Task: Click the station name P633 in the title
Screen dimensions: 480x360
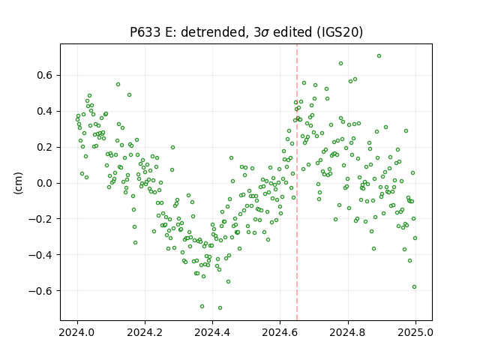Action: pyautogui.click(x=145, y=32)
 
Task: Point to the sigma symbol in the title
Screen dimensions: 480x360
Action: pyautogui.click(x=265, y=33)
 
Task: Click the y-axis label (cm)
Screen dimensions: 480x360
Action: pyautogui.click(x=18, y=183)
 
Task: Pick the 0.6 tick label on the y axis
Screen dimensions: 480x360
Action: pyautogui.click(x=46, y=75)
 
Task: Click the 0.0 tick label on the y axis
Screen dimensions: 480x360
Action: pyautogui.click(x=46, y=183)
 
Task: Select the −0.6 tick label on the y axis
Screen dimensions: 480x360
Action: pyautogui.click(x=41, y=291)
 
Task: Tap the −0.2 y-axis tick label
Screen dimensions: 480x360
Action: pyautogui.click(x=41, y=219)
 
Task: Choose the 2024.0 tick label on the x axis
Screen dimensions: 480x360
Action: pyautogui.click(x=77, y=332)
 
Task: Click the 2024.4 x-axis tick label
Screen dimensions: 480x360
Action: pyautogui.click(x=212, y=332)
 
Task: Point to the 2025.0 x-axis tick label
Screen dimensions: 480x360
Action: pyautogui.click(x=415, y=332)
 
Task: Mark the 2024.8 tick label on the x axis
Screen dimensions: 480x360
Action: pyautogui.click(x=348, y=332)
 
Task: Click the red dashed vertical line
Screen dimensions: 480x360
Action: pyautogui.click(x=297, y=182)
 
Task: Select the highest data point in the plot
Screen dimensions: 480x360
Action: pyautogui.click(x=379, y=56)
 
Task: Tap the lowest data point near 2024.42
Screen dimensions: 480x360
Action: pyautogui.click(x=220, y=308)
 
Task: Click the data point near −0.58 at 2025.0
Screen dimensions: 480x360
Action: pyautogui.click(x=415, y=287)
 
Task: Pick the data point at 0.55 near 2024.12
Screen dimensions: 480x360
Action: pyautogui.click(x=118, y=85)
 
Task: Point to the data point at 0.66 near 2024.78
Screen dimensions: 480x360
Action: pyautogui.click(x=340, y=64)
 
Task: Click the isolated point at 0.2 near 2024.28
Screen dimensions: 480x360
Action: pyautogui.click(x=172, y=148)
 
